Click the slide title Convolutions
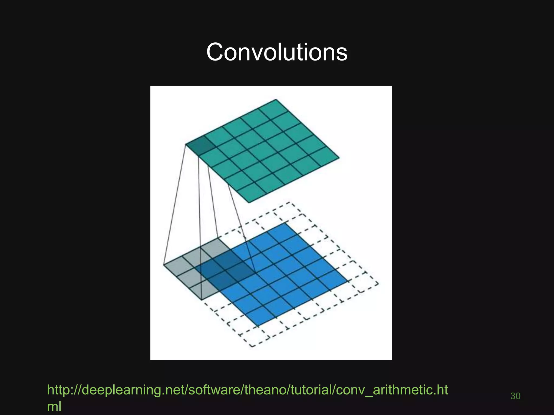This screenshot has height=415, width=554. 277,52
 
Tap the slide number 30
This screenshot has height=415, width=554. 515,396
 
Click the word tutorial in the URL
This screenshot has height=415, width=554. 311,390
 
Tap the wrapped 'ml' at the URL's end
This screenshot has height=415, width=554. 54,406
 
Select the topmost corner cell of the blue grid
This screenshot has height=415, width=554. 284,230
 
